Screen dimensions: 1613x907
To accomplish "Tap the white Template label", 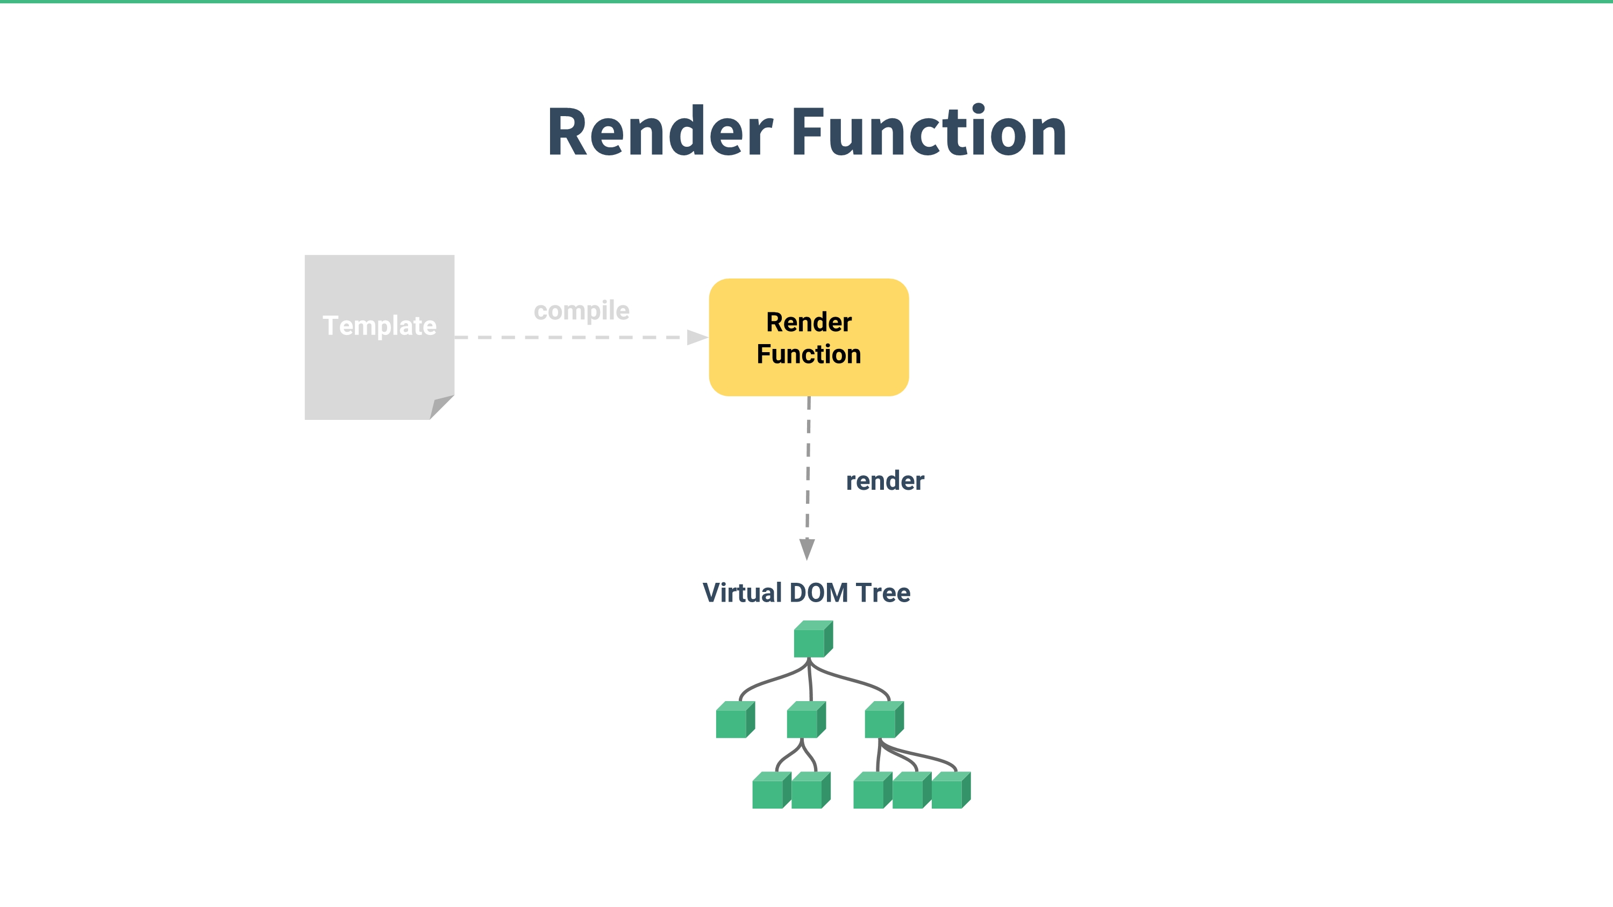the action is pyautogui.click(x=380, y=325).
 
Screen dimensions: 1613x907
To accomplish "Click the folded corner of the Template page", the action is pyautogui.click(x=441, y=407).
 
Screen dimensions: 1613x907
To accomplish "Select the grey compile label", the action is pyautogui.click(x=582, y=310).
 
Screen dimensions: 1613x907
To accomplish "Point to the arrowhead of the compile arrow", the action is pyautogui.click(x=697, y=338).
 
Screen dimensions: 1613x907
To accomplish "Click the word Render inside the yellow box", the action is pyautogui.click(x=809, y=323).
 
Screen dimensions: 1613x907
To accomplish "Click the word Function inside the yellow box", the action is pyautogui.click(x=809, y=354).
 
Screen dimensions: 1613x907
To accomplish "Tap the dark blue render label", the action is pyautogui.click(x=885, y=481).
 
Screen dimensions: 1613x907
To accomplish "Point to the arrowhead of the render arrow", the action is pyautogui.click(x=807, y=549).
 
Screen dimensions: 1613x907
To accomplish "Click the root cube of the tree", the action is pyautogui.click(x=813, y=639).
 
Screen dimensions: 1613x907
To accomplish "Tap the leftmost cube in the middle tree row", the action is pyautogui.click(x=736, y=720).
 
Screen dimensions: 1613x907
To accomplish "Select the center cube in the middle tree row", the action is pyautogui.click(x=806, y=720).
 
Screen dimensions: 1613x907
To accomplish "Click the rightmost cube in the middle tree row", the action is pyautogui.click(x=884, y=720).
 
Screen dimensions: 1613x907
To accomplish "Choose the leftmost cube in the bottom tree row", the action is pyautogui.click(x=772, y=790).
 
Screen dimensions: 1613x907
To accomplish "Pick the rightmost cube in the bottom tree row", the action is pyautogui.click(x=951, y=790).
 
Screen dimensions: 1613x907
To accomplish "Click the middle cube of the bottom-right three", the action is pyautogui.click(x=912, y=790).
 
